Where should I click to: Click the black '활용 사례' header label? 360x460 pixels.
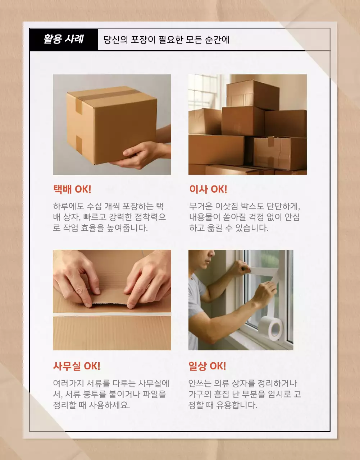(x=64, y=39)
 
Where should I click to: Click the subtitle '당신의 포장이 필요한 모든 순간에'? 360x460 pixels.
(x=167, y=39)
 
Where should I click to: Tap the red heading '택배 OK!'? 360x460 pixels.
(x=72, y=189)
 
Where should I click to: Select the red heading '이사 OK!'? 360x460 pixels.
(x=208, y=189)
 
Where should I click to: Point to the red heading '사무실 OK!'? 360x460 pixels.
(x=77, y=366)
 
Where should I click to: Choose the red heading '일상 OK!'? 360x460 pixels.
(x=207, y=366)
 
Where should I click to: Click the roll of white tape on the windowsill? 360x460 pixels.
(x=270, y=328)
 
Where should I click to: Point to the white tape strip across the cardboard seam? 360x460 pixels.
(x=112, y=314)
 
